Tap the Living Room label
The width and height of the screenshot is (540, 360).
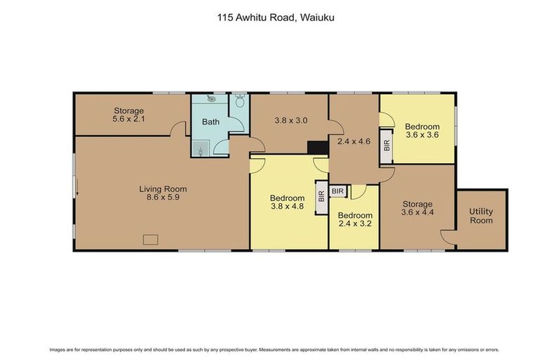click(162, 188)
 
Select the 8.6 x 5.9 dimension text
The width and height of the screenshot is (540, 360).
click(162, 198)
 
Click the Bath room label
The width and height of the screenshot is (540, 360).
click(211, 122)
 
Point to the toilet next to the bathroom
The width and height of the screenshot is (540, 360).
click(240, 102)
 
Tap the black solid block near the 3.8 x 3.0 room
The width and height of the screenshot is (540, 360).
click(318, 147)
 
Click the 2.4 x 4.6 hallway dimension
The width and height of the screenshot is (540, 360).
click(354, 141)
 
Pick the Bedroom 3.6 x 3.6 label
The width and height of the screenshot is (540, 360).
click(422, 131)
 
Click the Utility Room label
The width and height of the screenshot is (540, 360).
click(482, 216)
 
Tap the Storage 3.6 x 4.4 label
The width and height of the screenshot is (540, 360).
click(418, 208)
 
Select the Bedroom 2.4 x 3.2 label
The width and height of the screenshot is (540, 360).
click(354, 220)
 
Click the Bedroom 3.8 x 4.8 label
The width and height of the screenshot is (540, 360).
click(287, 202)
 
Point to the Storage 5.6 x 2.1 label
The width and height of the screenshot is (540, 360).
click(128, 115)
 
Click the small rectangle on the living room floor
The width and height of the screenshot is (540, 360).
click(150, 239)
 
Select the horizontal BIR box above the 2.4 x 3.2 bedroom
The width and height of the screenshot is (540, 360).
click(338, 191)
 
